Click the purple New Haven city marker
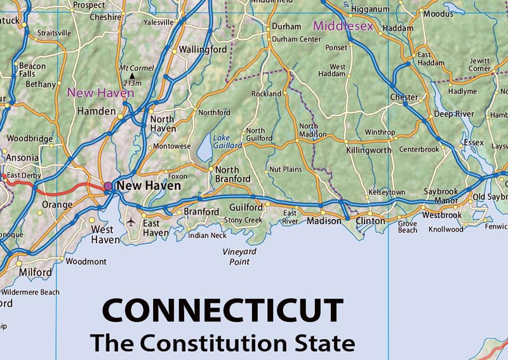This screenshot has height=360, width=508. coord(108,186)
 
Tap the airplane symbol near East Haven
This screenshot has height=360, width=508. coord(131,222)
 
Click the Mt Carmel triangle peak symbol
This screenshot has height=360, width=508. coord(133,76)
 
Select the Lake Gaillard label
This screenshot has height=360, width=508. coord(227,141)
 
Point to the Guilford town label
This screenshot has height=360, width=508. coord(246,208)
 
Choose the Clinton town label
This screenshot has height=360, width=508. coord(370,222)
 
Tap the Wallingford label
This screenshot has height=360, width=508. coord(203,50)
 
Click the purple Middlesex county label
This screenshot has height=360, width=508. coord(343,27)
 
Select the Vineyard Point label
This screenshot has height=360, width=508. coord(239,257)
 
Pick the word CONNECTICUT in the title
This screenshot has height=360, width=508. coord(223,311)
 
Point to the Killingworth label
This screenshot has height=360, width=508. coord(369,150)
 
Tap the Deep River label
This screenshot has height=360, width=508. coord(454,114)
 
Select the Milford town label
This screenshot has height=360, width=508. coord(35,272)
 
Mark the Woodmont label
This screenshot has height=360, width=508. coord(86,261)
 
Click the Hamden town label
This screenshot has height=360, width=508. coord(96,111)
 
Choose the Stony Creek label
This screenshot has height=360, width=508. coord(243,220)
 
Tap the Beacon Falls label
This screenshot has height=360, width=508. coord(32,70)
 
